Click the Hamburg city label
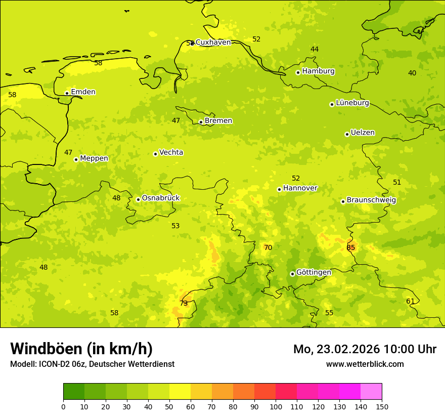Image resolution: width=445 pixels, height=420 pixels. [x=318, y=71]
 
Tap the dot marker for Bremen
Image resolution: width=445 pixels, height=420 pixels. [x=201, y=122]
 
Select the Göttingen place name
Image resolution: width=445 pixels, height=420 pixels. [x=314, y=272]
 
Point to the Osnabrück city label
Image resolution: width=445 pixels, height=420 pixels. [x=161, y=198]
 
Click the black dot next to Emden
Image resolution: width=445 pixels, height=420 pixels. [x=67, y=93]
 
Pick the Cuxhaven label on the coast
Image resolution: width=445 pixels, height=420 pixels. [x=213, y=43]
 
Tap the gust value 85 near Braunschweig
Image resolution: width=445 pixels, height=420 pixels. [x=351, y=247]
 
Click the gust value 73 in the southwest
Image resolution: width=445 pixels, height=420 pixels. [x=184, y=303]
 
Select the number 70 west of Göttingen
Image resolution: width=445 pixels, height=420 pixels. [x=268, y=247]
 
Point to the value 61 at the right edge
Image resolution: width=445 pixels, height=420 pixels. [x=410, y=301]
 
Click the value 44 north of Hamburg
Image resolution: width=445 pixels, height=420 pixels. [x=315, y=49]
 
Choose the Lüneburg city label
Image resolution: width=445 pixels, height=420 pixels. [x=352, y=103]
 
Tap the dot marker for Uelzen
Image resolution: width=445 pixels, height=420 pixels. [x=347, y=135]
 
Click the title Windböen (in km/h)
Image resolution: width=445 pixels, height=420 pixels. [x=81, y=349]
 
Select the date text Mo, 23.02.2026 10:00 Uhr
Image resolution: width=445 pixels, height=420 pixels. [x=365, y=349]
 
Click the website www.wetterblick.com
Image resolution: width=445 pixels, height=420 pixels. [x=365, y=364]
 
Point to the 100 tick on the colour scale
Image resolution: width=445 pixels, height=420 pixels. [x=276, y=406]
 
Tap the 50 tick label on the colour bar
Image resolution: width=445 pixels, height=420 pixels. [x=169, y=406]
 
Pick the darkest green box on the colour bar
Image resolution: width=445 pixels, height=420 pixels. [x=74, y=392]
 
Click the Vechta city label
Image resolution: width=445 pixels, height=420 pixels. [x=171, y=152]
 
